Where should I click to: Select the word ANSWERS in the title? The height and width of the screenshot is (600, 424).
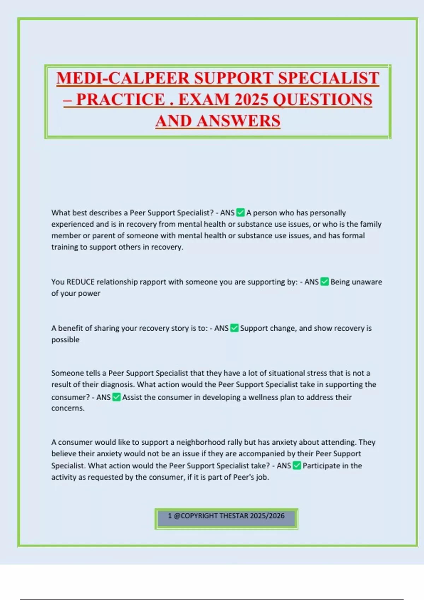(x=238, y=121)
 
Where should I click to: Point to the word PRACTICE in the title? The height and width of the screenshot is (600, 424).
(x=120, y=100)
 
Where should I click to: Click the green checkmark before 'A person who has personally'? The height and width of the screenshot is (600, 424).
(x=240, y=212)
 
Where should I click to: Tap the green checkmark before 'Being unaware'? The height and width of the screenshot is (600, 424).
(x=324, y=282)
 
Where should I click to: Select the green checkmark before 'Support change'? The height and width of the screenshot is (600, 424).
(x=234, y=328)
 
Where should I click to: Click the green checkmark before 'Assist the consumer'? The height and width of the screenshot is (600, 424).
(x=116, y=397)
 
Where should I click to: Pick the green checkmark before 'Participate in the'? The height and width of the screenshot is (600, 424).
(x=297, y=466)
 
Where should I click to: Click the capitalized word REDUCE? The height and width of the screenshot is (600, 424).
(x=81, y=282)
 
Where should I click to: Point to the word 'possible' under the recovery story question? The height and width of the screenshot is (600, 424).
(x=65, y=340)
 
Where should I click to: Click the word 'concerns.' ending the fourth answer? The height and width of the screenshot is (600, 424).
(x=68, y=408)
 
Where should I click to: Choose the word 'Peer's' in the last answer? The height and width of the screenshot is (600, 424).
(x=243, y=477)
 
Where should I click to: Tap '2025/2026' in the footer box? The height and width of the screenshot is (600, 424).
(x=267, y=516)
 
